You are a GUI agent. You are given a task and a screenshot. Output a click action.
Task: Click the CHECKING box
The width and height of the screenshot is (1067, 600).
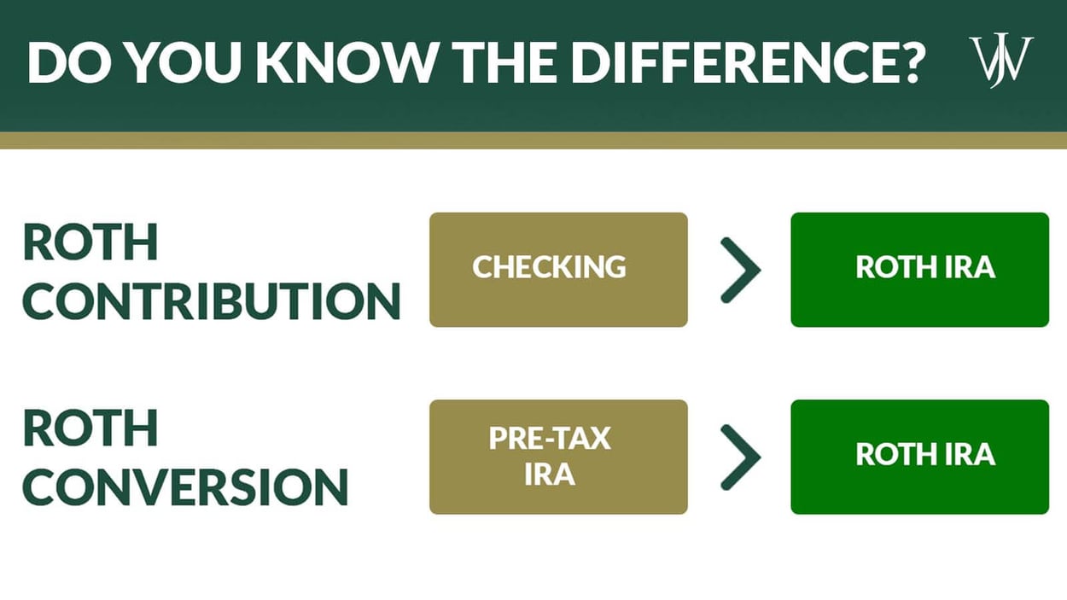558,269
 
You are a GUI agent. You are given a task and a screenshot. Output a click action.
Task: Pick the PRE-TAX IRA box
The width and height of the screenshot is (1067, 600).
558,457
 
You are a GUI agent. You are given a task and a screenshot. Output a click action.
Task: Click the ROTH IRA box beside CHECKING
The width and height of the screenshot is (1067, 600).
919,269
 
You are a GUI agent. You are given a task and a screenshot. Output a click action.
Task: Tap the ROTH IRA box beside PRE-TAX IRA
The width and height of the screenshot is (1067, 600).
919,457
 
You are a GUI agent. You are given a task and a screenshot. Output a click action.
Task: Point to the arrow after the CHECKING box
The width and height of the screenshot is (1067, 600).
739,270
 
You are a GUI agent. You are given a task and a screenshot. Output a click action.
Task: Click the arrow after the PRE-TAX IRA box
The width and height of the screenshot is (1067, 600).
739,457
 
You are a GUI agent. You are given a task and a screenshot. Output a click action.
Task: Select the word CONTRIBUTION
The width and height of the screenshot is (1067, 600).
211,300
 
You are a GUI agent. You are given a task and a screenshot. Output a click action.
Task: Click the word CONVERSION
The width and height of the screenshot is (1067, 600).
185,487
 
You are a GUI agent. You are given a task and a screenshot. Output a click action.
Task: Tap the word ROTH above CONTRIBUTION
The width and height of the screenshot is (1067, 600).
90,242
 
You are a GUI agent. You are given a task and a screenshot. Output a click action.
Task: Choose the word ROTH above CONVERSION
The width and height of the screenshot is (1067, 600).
90,429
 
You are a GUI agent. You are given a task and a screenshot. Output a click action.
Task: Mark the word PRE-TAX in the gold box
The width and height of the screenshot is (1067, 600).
550,439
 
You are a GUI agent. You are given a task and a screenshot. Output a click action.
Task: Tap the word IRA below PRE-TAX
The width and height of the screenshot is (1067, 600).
550,475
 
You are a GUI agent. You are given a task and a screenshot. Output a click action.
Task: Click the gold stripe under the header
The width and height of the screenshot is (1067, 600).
533,140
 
